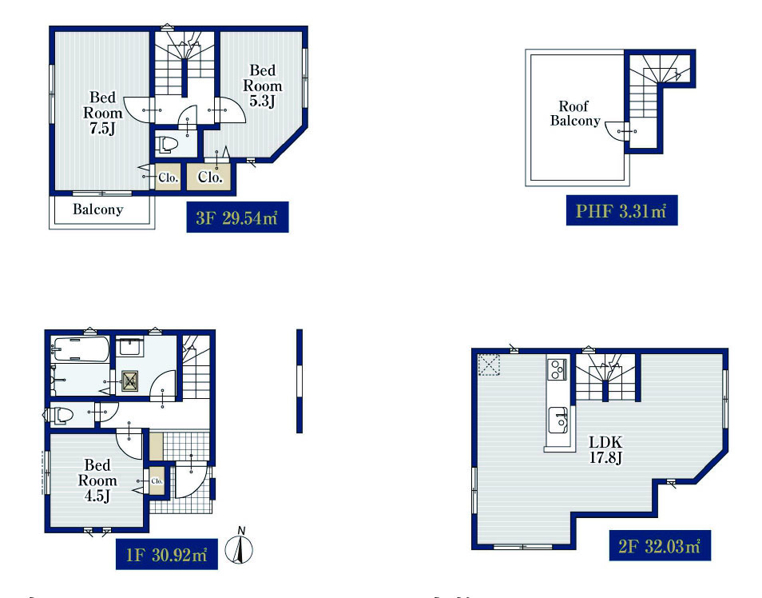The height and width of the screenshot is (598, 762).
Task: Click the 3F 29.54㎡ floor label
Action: [x=238, y=217]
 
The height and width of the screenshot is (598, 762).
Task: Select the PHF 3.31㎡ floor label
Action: [x=621, y=211]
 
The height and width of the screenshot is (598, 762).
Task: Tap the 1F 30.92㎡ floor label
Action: [x=167, y=554]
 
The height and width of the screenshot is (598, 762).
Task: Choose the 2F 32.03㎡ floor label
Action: [x=660, y=545]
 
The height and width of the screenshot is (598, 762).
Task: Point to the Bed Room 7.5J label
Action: [x=102, y=113]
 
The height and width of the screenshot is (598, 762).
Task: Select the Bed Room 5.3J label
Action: [x=263, y=86]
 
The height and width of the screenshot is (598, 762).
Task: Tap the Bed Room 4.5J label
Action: [x=97, y=480]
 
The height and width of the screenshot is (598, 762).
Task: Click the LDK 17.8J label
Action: [x=605, y=449]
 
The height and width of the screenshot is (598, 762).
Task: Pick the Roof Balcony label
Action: [x=575, y=113]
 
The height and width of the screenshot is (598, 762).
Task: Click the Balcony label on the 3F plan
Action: [x=97, y=209]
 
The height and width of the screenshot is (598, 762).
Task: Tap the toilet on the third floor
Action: [x=168, y=145]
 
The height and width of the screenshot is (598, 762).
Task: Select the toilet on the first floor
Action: [x=59, y=415]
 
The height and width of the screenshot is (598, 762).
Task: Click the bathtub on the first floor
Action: [x=81, y=349]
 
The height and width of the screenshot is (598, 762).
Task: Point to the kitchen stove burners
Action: [x=558, y=369]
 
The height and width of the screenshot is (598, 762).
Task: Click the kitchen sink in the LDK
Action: [x=559, y=420]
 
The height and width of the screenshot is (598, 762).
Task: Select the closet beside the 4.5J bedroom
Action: [x=157, y=480]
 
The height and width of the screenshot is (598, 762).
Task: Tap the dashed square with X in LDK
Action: [x=489, y=365]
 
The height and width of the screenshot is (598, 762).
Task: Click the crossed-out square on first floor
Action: [x=129, y=381]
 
